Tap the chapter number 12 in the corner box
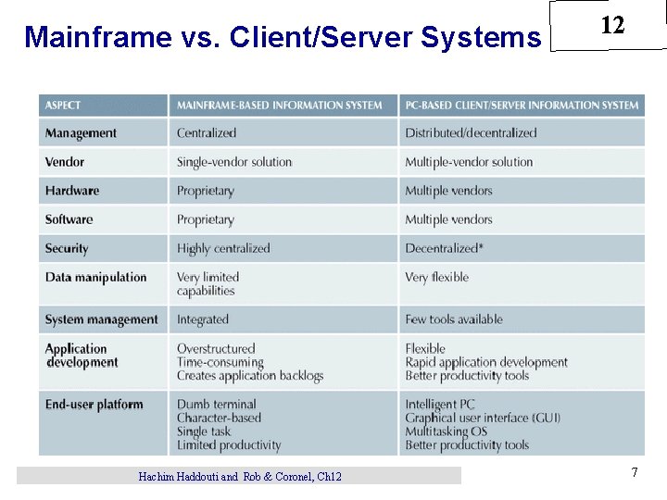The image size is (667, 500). [612, 26]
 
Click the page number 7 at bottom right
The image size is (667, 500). [635, 473]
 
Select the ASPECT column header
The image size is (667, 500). [63, 106]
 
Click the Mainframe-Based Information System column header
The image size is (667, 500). [280, 106]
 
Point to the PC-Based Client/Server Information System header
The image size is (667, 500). [522, 106]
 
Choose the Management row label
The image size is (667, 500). [81, 133]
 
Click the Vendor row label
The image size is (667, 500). [65, 162]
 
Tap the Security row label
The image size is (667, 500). [67, 248]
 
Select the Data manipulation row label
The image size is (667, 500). [95, 277]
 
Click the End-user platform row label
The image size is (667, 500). [94, 405]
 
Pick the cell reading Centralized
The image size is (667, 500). [207, 133]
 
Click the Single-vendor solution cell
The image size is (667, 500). [234, 162]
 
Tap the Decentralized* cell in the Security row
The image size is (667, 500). [444, 248]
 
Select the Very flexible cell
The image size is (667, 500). [436, 277]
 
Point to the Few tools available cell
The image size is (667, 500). [454, 319]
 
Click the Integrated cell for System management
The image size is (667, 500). [203, 319]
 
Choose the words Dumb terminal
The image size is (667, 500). [217, 405]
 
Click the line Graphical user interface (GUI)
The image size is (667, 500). [483, 418]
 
